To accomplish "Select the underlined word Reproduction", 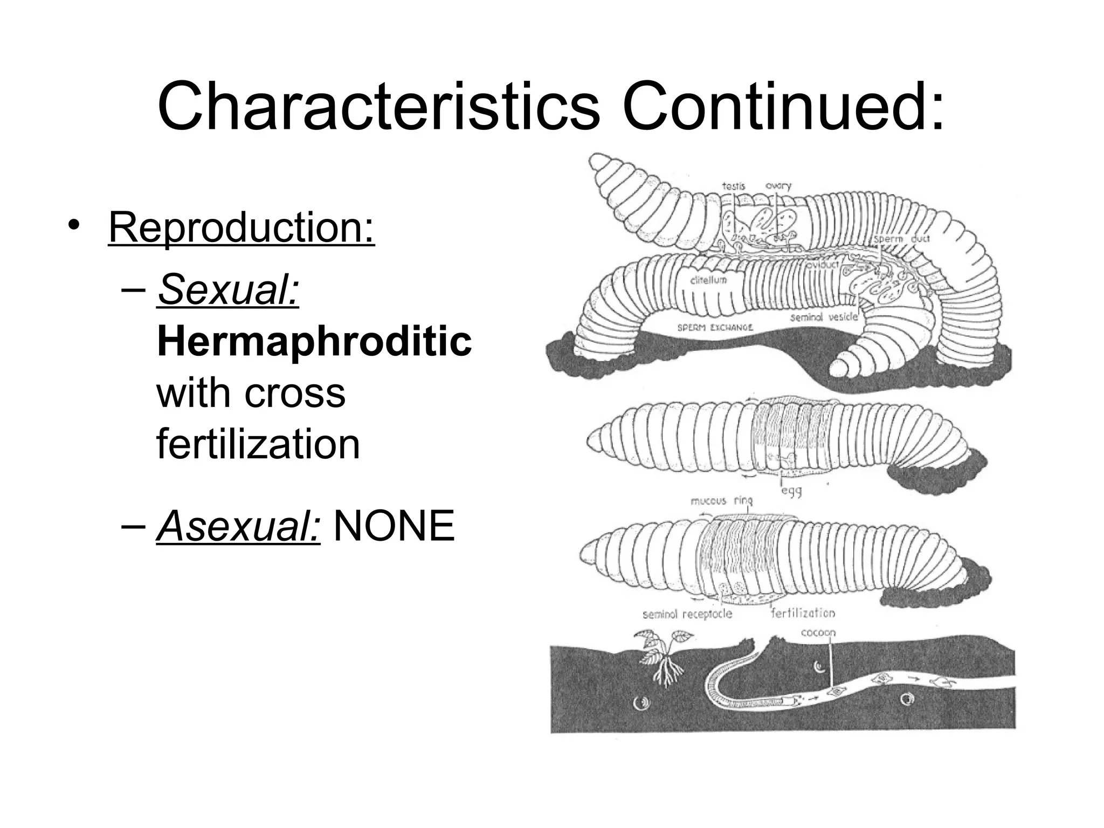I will tap(241, 228).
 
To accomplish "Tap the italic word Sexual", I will tap(228, 290).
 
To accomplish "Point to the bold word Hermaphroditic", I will tap(314, 341).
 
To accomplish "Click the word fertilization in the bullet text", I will tap(258, 444).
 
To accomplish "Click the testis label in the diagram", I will tap(733, 187).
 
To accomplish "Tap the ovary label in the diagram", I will tap(778, 186).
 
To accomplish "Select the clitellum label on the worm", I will tap(708, 280).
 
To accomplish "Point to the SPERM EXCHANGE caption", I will tap(715, 328).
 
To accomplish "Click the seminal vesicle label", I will tap(823, 318).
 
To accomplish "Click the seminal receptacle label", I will tap(687, 614).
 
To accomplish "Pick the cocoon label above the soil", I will tap(818, 632).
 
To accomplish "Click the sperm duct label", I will tap(901, 239).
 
